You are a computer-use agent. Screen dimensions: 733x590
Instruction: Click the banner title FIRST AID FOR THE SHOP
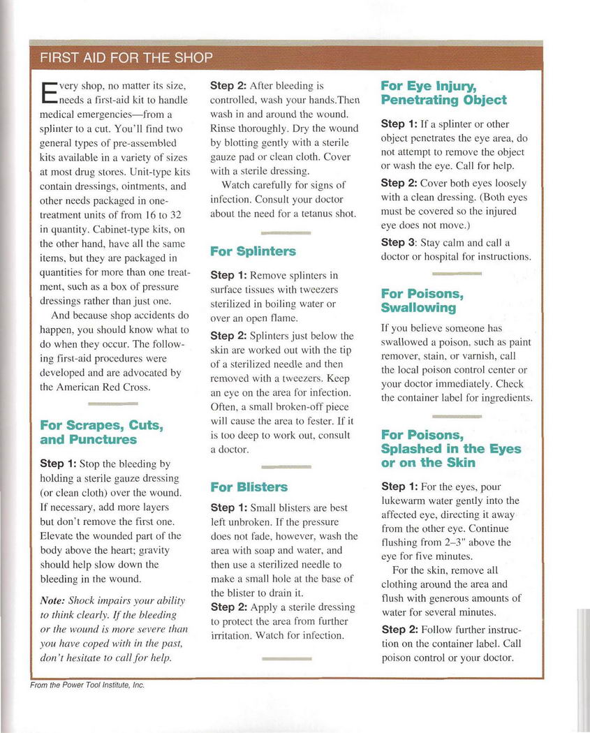(126, 57)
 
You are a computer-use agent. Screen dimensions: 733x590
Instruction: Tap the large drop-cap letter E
(48, 92)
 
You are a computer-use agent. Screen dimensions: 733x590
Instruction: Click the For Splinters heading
(253, 251)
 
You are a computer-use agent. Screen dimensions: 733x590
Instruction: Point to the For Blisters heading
(249, 487)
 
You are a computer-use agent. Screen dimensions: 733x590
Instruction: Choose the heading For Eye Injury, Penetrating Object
(443, 93)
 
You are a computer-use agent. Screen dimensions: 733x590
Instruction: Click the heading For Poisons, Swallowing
(422, 300)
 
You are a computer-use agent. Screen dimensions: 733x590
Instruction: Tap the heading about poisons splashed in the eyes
(450, 449)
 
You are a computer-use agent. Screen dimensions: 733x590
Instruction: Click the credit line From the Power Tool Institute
(87, 685)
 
